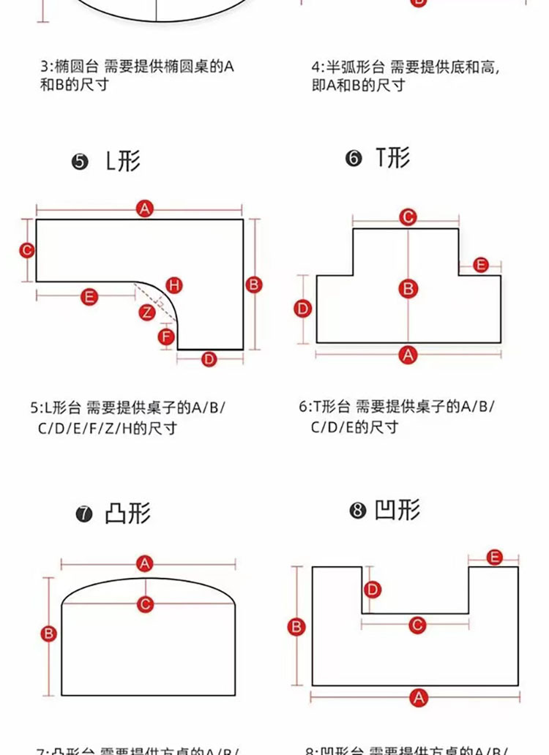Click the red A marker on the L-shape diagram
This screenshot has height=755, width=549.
tap(145, 209)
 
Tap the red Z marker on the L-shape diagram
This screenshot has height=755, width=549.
tap(147, 312)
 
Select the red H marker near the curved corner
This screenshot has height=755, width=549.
tap(174, 285)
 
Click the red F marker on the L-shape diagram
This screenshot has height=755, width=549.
tap(167, 337)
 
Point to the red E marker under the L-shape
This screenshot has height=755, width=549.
tap(89, 296)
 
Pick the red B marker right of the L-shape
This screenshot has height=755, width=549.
tap(254, 284)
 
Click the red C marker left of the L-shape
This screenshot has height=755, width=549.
tap(27, 250)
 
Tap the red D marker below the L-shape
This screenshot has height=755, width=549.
tap(209, 358)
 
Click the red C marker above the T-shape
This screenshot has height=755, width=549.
tap(408, 217)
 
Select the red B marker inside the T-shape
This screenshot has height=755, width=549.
tap(408, 288)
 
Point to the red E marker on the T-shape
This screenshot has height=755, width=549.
tap(480, 264)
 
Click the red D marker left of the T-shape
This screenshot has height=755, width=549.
tap(303, 309)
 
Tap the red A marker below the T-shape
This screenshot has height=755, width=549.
tap(408, 355)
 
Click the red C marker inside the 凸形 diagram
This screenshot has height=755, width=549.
tap(146, 604)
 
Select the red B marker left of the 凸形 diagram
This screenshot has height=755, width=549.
tap(49, 634)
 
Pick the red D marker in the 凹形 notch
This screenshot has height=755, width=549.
tap(373, 589)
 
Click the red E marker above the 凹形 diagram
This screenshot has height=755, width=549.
tap(494, 557)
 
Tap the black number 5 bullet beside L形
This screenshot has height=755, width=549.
tap(80, 162)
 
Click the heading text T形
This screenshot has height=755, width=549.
tap(393, 157)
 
